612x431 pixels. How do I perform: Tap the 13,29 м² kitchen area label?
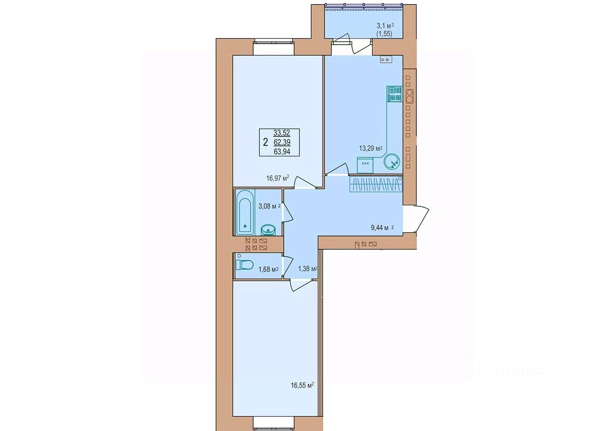tap(371, 148)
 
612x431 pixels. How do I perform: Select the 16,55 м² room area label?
tap(302, 386)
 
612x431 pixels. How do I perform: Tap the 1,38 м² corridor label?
tap(307, 269)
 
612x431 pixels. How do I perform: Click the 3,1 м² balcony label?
tap(385, 30)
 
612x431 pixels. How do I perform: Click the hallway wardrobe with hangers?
tap(376, 184)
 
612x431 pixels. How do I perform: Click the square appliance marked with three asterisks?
tap(365, 165)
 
